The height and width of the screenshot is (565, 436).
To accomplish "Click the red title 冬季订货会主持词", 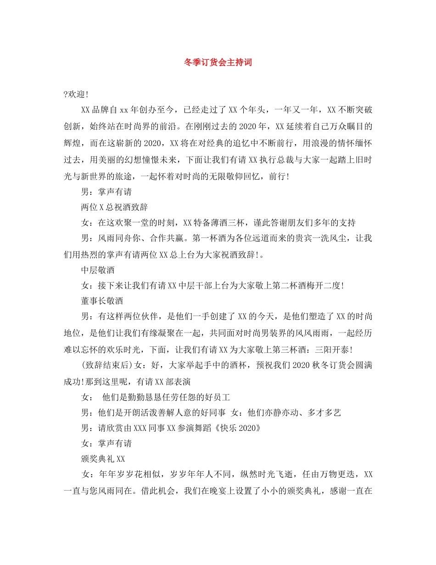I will pyautogui.click(x=218, y=62).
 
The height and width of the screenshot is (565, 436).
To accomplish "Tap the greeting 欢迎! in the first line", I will pyautogui.click(x=78, y=94).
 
